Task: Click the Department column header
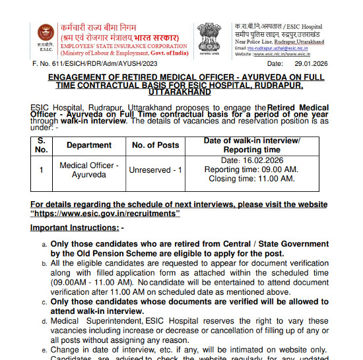pos(89,145)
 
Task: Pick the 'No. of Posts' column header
pos(155,145)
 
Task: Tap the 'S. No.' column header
pos(42,145)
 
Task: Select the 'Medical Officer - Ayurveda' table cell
pos(89,170)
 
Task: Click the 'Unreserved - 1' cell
pos(155,170)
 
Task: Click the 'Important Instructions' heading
pos(76,227)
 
